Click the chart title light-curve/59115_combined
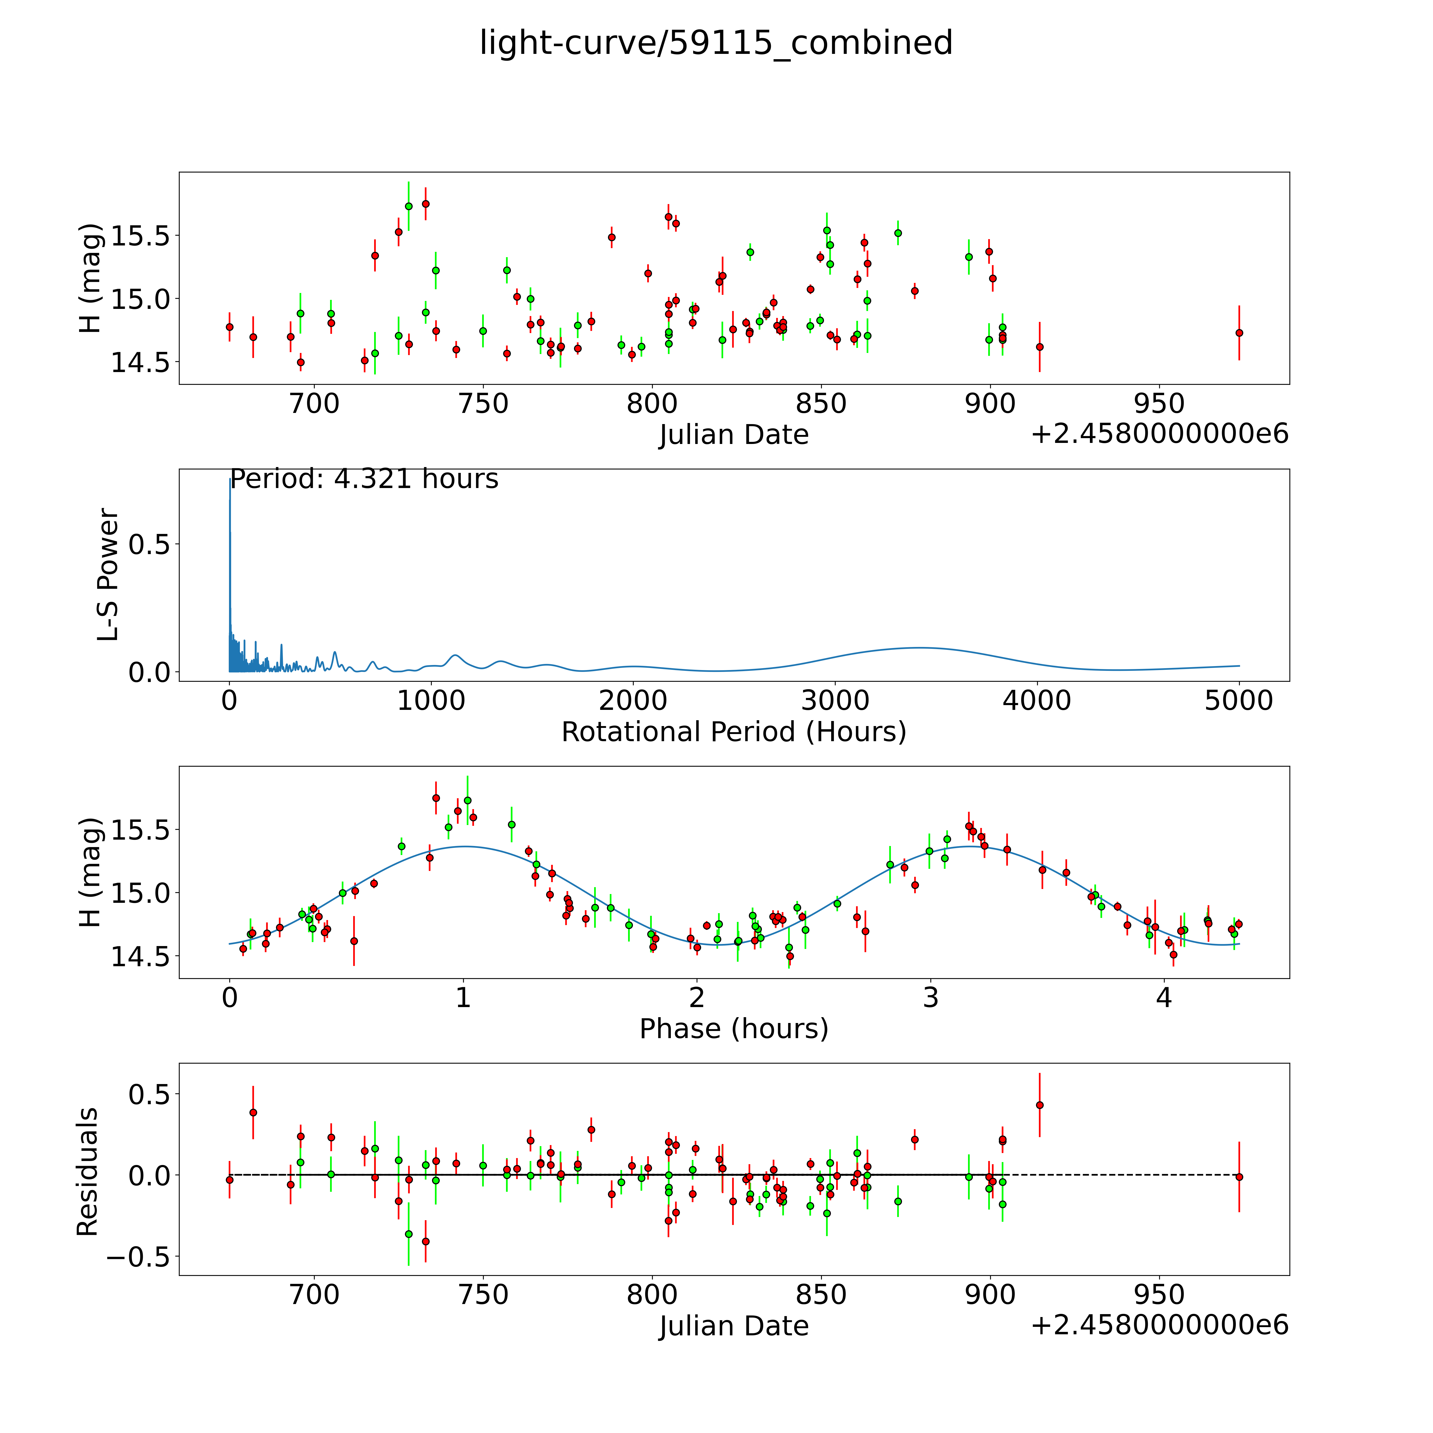716,43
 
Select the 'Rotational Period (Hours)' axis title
733,732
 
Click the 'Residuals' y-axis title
88,1172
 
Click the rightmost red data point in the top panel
1239,333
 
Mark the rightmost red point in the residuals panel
1239,1177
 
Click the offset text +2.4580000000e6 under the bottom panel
1159,1326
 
